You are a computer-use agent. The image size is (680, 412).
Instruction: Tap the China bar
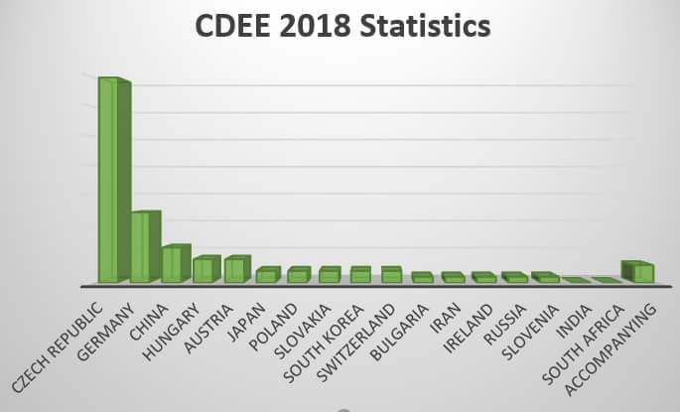(x=172, y=264)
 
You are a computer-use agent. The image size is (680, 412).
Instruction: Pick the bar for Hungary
(x=203, y=270)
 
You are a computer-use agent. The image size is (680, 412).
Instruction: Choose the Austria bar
(x=234, y=270)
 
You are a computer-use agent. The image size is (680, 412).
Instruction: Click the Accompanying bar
(x=641, y=272)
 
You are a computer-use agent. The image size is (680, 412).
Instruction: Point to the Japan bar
(x=266, y=275)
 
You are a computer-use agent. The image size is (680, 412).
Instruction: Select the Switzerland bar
(x=391, y=275)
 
